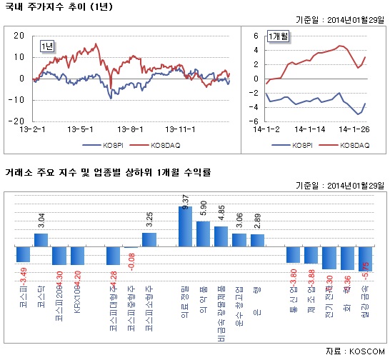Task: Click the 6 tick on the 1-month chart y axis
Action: click(256, 50)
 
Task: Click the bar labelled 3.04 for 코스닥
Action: click(41, 240)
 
